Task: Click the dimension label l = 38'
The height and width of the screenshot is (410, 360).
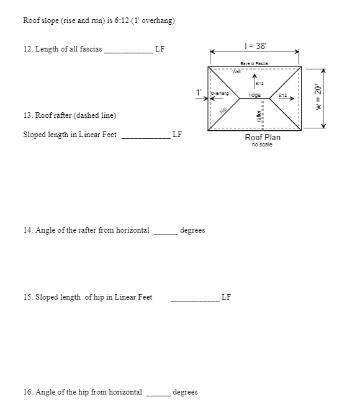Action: coord(255,46)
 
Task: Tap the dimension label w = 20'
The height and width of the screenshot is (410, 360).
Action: coord(318,97)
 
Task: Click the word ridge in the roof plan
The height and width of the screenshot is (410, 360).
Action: coord(254,95)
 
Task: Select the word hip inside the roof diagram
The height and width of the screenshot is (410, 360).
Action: coord(223,109)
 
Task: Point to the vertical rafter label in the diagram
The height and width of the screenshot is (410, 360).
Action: coord(253,115)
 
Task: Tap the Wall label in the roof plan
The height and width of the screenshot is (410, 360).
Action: coord(236,71)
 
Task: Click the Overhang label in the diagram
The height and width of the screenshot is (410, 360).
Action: coord(220,93)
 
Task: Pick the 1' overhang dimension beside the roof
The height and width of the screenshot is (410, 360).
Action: coord(199,92)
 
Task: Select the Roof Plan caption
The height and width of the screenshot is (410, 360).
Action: coord(263,137)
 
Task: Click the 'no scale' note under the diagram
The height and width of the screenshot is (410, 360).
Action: coord(263,145)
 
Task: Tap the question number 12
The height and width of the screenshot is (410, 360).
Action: coord(27,49)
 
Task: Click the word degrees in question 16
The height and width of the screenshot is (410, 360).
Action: coord(185,392)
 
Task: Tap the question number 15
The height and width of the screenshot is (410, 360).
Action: coord(27,297)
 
